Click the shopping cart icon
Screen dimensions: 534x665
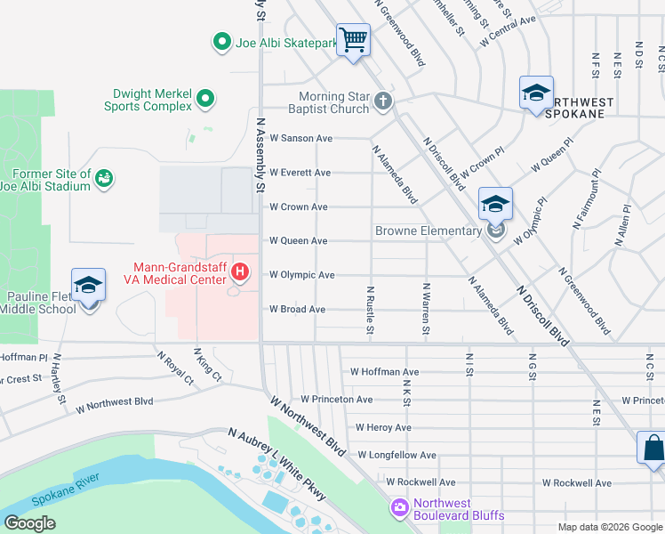(x=354, y=40)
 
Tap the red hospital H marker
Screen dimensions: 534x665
(x=238, y=271)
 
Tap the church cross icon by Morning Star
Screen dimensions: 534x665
(x=383, y=101)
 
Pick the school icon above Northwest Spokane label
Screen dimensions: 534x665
(x=536, y=93)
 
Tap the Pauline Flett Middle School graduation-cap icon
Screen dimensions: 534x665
(x=88, y=286)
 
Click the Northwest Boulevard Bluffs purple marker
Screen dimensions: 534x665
(x=399, y=507)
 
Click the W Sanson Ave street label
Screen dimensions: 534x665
(x=300, y=139)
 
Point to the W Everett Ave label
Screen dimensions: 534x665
(x=300, y=173)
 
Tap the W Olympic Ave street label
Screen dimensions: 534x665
(x=301, y=275)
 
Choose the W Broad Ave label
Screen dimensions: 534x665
(x=297, y=310)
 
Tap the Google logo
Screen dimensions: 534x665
(x=29, y=523)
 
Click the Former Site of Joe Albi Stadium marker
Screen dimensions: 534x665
(x=105, y=178)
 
